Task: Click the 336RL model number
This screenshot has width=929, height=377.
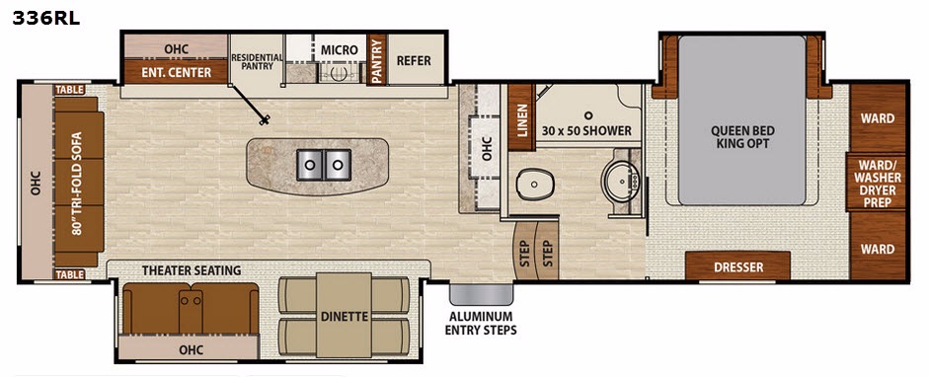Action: (x=45, y=19)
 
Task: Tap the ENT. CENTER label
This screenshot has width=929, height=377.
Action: (x=176, y=72)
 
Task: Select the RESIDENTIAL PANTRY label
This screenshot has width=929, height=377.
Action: (x=257, y=61)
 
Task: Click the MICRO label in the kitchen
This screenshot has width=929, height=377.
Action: (x=340, y=49)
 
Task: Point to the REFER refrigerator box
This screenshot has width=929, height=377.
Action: (x=414, y=60)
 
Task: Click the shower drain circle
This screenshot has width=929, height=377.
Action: (x=588, y=115)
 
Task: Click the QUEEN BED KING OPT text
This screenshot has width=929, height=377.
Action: (x=744, y=137)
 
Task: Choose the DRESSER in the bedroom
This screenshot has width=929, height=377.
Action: (x=738, y=265)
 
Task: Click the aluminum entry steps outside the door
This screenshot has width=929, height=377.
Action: (x=481, y=294)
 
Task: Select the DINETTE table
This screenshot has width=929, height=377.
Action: (x=344, y=315)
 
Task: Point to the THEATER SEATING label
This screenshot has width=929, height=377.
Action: (x=192, y=270)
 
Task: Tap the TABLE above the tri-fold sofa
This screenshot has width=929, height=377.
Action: (x=70, y=90)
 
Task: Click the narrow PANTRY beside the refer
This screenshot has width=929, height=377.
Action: (x=376, y=60)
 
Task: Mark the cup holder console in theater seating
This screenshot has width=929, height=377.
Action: (x=191, y=308)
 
